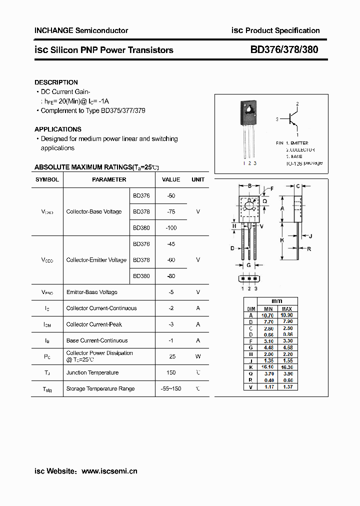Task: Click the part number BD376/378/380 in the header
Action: pos(284,50)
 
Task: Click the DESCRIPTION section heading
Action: pos(56,82)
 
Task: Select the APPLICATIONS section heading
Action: pos(58,129)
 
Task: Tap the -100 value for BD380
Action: pos(171,228)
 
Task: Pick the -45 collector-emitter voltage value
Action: pos(171,244)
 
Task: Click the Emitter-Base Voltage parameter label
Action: pos(92,292)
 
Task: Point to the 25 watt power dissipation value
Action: pos(171,356)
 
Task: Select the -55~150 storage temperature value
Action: pos(171,389)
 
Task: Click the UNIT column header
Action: pos(198,179)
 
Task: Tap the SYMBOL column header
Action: pos(47,179)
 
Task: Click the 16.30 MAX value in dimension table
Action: pos(286,367)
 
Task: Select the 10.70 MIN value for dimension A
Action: pos(268,316)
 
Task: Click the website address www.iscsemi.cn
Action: pos(109,471)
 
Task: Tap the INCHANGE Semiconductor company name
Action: pos(81,30)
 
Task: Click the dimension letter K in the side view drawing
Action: pos(282,240)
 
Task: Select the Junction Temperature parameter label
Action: pos(92,373)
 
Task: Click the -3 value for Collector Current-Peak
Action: pos(171,324)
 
